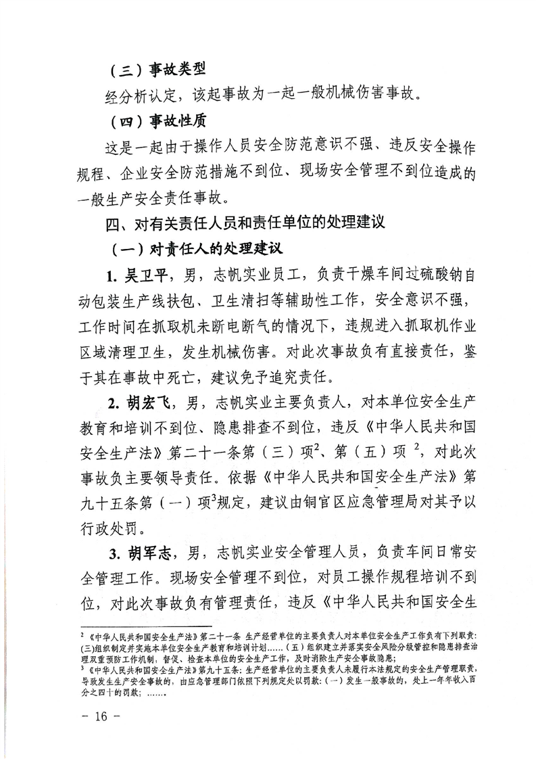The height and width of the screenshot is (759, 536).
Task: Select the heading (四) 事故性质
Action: [157, 122]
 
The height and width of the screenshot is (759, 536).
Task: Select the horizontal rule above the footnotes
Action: [146, 627]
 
